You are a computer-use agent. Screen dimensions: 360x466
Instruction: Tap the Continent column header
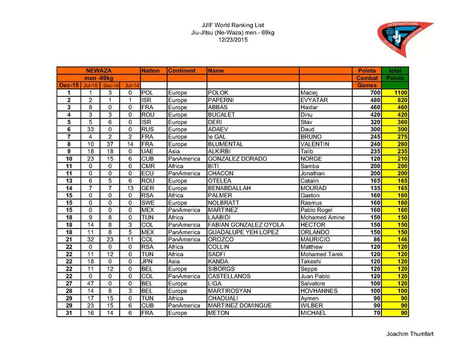tap(182, 71)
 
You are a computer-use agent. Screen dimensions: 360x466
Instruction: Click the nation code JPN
tap(148, 262)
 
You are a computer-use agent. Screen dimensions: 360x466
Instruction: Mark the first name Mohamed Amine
tap(322, 217)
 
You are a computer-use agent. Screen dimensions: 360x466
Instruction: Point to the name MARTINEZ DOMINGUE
tap(239, 305)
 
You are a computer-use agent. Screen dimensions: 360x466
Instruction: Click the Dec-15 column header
tap(68, 86)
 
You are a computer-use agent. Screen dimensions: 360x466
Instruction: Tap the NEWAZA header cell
tap(98, 71)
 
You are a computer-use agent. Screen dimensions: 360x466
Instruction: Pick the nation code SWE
tap(148, 203)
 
